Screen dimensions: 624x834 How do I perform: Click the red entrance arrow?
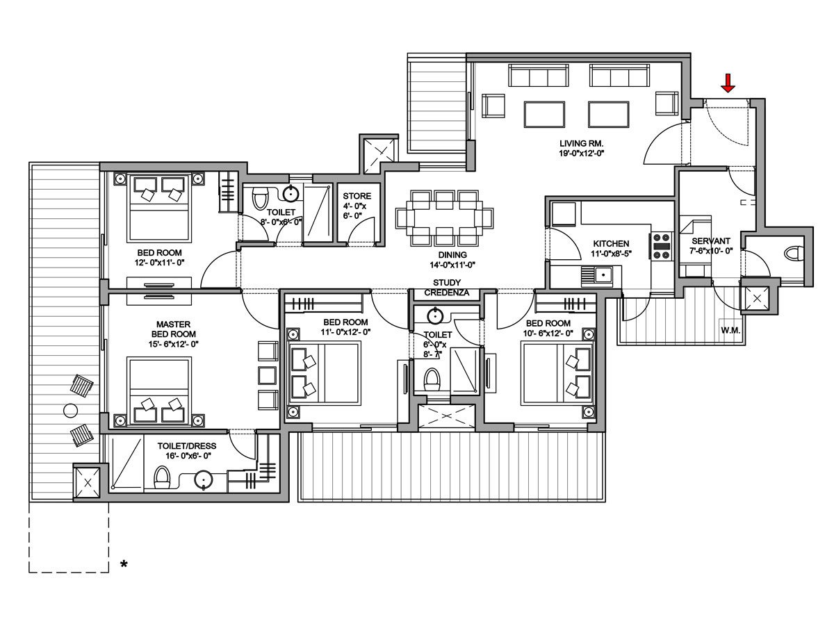point(728,83)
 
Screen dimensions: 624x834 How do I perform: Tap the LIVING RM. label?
point(580,143)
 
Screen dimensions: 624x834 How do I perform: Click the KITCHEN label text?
point(611,244)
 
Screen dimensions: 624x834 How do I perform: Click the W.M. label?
point(731,329)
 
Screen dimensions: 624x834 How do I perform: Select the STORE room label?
point(357,196)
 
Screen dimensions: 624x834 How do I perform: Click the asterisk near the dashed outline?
point(124,565)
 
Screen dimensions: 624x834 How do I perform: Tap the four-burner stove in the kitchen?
point(661,247)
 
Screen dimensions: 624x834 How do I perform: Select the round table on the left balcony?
point(69,410)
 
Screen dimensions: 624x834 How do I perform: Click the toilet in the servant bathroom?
point(794,252)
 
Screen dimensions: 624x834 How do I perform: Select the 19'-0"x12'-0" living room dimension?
point(580,153)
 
